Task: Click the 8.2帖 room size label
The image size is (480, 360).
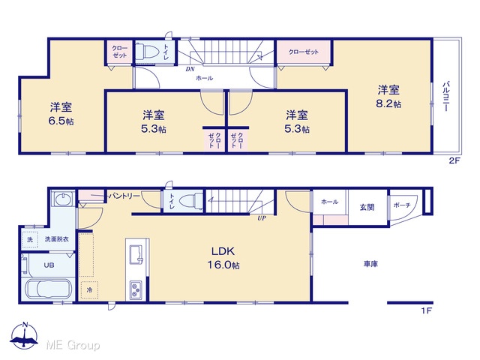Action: pyautogui.click(x=388, y=103)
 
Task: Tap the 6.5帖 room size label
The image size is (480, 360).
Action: pyautogui.click(x=61, y=121)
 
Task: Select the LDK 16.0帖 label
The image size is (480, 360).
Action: pyautogui.click(x=223, y=258)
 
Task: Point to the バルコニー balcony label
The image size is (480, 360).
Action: pyautogui.click(x=446, y=96)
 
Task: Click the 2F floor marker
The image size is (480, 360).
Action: pyautogui.click(x=454, y=160)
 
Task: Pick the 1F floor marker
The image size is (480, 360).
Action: pyautogui.click(x=427, y=310)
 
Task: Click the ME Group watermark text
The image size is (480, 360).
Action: pyautogui.click(x=73, y=345)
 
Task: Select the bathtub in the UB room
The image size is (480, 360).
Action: pyautogui.click(x=49, y=289)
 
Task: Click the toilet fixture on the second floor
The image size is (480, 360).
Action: pyautogui.click(x=147, y=51)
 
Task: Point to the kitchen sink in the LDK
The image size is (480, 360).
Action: pyautogui.click(x=136, y=254)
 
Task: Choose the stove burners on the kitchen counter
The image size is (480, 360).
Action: pyautogui.click(x=136, y=290)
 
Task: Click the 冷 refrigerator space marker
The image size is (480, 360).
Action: pyautogui.click(x=89, y=289)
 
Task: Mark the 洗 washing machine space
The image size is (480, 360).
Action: pyautogui.click(x=30, y=239)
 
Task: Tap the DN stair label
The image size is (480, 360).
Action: pyautogui.click(x=190, y=69)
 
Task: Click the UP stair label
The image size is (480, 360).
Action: pyautogui.click(x=262, y=218)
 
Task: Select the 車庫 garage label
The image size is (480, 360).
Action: pyautogui.click(x=370, y=264)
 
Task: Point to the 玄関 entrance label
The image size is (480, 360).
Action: pyautogui.click(x=367, y=207)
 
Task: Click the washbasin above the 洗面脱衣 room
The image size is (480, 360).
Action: pyautogui.click(x=63, y=198)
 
